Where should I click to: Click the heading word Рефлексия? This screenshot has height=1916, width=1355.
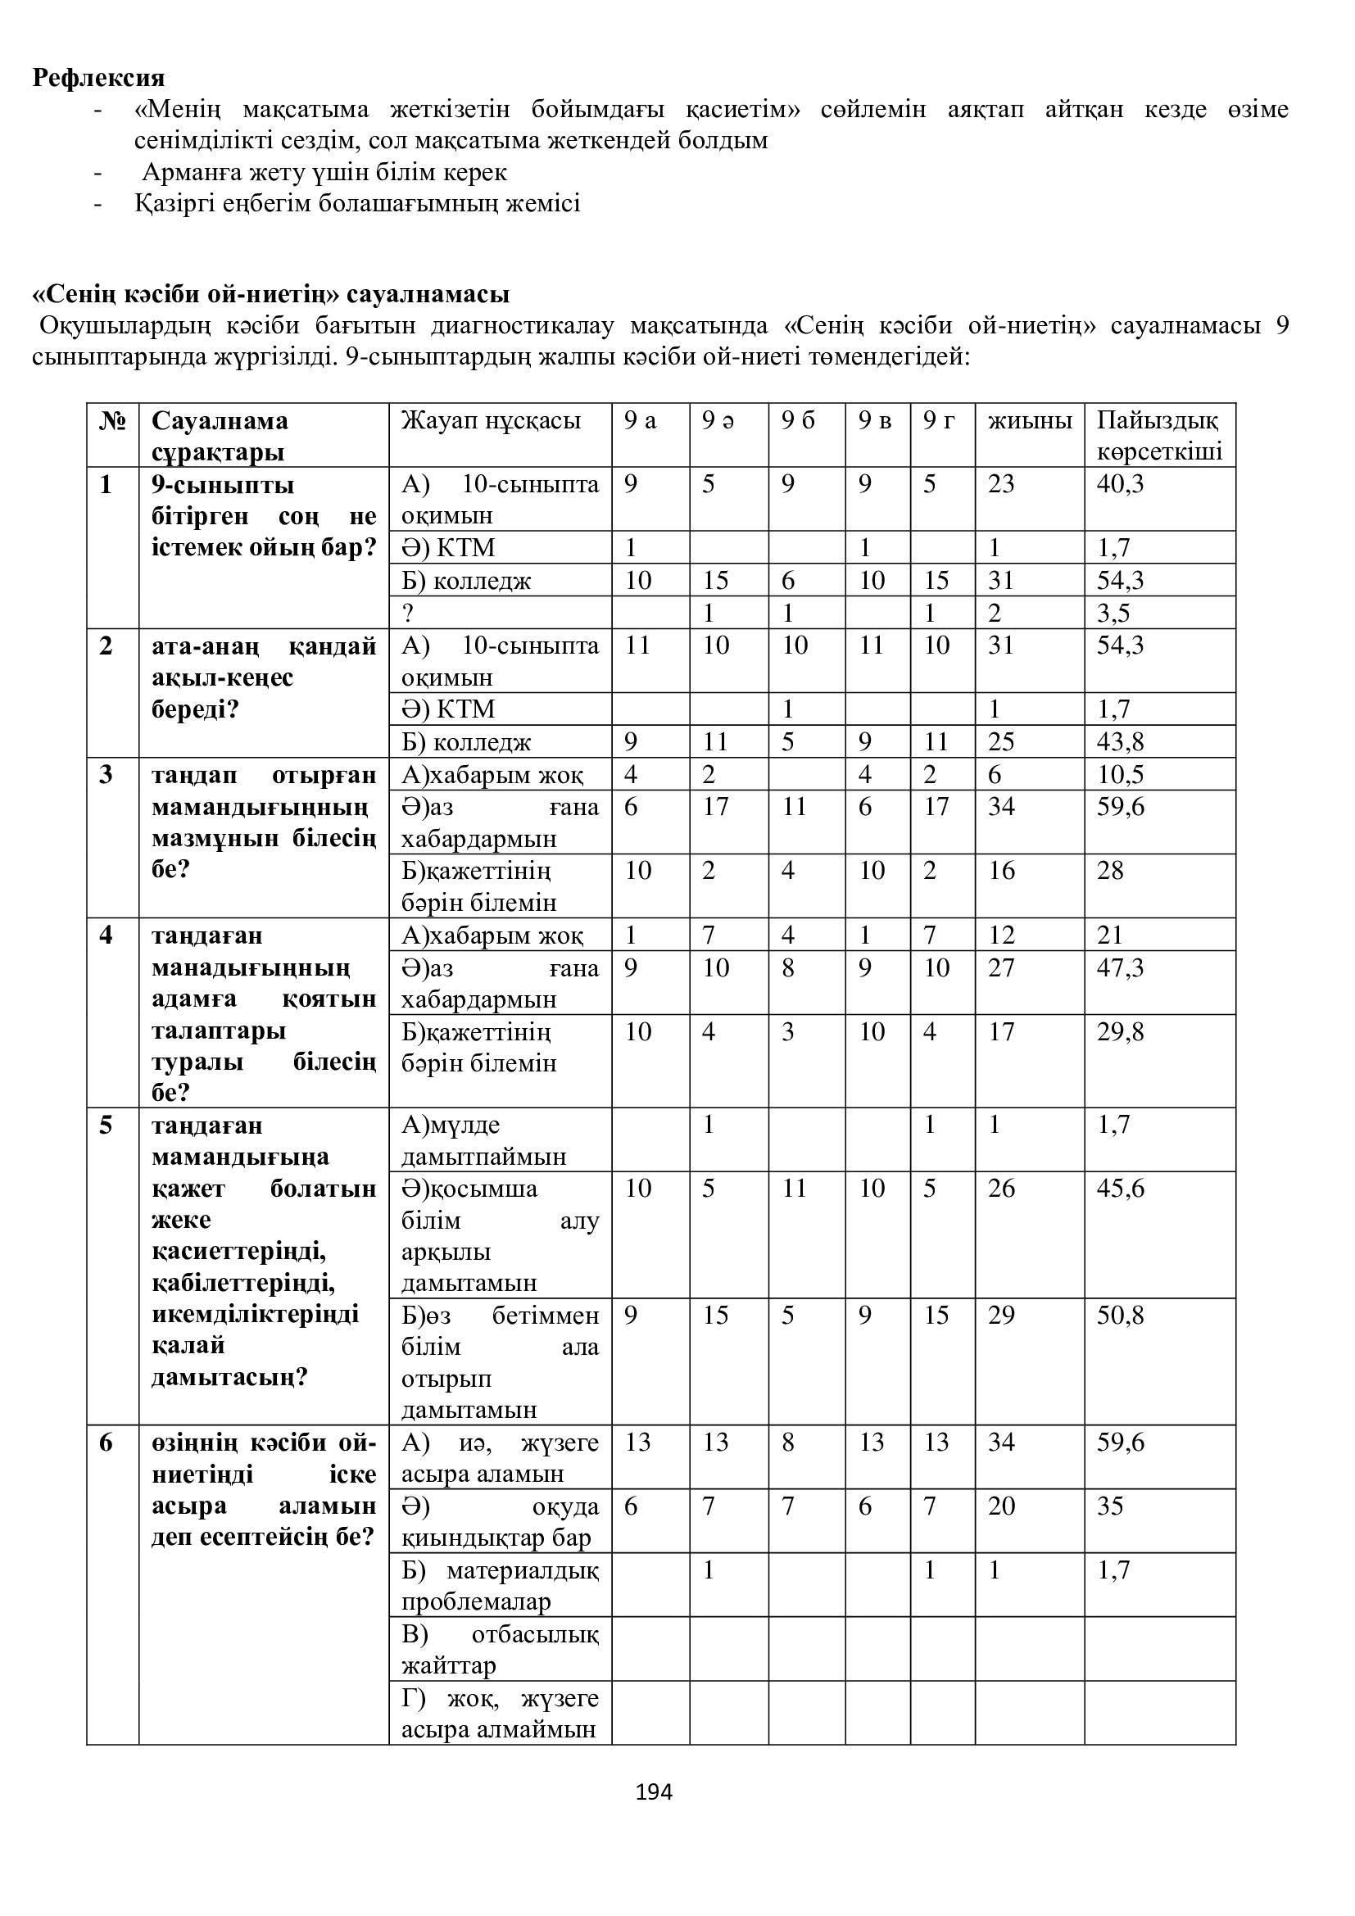98,78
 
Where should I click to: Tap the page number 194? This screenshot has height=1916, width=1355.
654,1791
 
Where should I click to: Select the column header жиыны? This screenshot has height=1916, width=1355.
1030,420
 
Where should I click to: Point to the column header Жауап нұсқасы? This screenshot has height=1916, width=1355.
491,420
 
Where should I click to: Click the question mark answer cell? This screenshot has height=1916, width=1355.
408,614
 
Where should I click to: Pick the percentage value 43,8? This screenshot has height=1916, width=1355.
1120,742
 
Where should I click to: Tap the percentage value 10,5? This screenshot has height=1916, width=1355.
1120,774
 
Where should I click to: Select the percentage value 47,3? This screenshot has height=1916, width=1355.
1120,968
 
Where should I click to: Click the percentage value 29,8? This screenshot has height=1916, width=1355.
1120,1032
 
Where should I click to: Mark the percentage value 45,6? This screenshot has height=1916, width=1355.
1120,1189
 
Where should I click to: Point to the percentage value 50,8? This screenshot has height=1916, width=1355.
1120,1316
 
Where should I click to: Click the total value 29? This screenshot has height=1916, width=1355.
1001,1316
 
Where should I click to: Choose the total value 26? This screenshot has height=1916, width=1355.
1001,1189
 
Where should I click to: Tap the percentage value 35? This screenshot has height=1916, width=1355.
1110,1506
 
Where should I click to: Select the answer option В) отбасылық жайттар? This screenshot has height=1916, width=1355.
499,1650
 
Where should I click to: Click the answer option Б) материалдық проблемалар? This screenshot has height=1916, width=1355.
499,1586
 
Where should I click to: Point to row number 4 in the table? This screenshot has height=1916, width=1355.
106,935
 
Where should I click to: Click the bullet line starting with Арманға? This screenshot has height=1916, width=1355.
324,173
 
